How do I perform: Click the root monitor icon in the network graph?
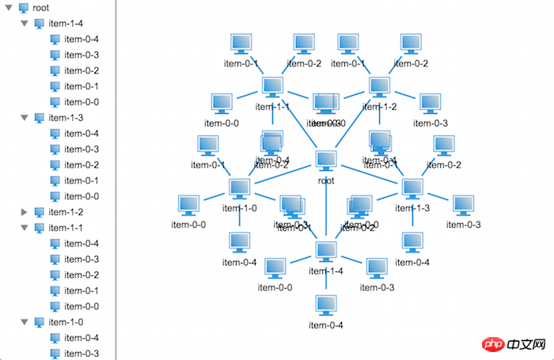(326, 160)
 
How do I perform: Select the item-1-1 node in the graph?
(272, 87)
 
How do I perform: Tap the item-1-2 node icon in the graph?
(379, 87)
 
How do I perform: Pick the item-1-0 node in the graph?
(240, 188)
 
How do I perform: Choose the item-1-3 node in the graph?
(412, 188)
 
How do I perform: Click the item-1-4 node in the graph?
(326, 250)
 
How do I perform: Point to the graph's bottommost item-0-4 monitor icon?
(326, 305)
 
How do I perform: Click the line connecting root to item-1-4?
(326, 210)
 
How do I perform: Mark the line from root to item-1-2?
(353, 123)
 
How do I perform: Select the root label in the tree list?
(41, 7)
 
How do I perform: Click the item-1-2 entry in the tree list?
(66, 212)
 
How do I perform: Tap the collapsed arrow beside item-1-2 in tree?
(25, 212)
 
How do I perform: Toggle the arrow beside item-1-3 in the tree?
(25, 118)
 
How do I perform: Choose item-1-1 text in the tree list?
(66, 228)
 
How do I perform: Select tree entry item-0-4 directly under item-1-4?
(82, 39)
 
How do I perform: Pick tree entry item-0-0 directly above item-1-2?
(82, 196)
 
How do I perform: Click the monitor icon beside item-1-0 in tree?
(39, 322)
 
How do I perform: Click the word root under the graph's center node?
(326, 180)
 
